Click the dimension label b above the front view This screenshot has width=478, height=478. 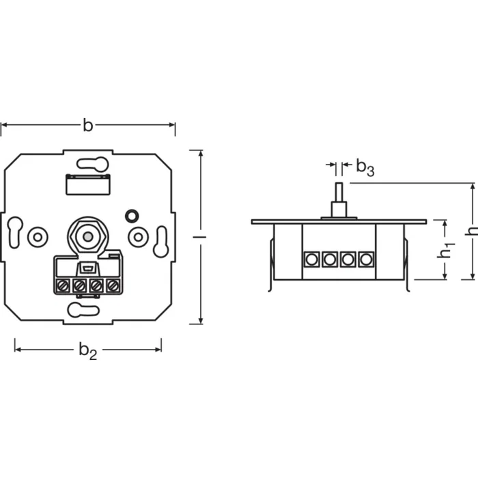[x=87, y=125]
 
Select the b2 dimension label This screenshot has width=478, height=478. [x=87, y=350]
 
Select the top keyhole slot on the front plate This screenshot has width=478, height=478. [x=92, y=164]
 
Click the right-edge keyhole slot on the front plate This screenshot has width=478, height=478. [x=161, y=242]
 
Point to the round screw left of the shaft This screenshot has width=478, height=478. [x=37, y=237]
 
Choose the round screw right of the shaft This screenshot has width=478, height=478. [x=139, y=237]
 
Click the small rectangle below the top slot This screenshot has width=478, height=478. [x=87, y=184]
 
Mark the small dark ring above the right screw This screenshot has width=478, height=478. [x=130, y=216]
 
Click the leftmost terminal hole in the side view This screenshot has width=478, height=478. [x=312, y=259]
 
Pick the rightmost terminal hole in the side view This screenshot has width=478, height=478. [x=366, y=259]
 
